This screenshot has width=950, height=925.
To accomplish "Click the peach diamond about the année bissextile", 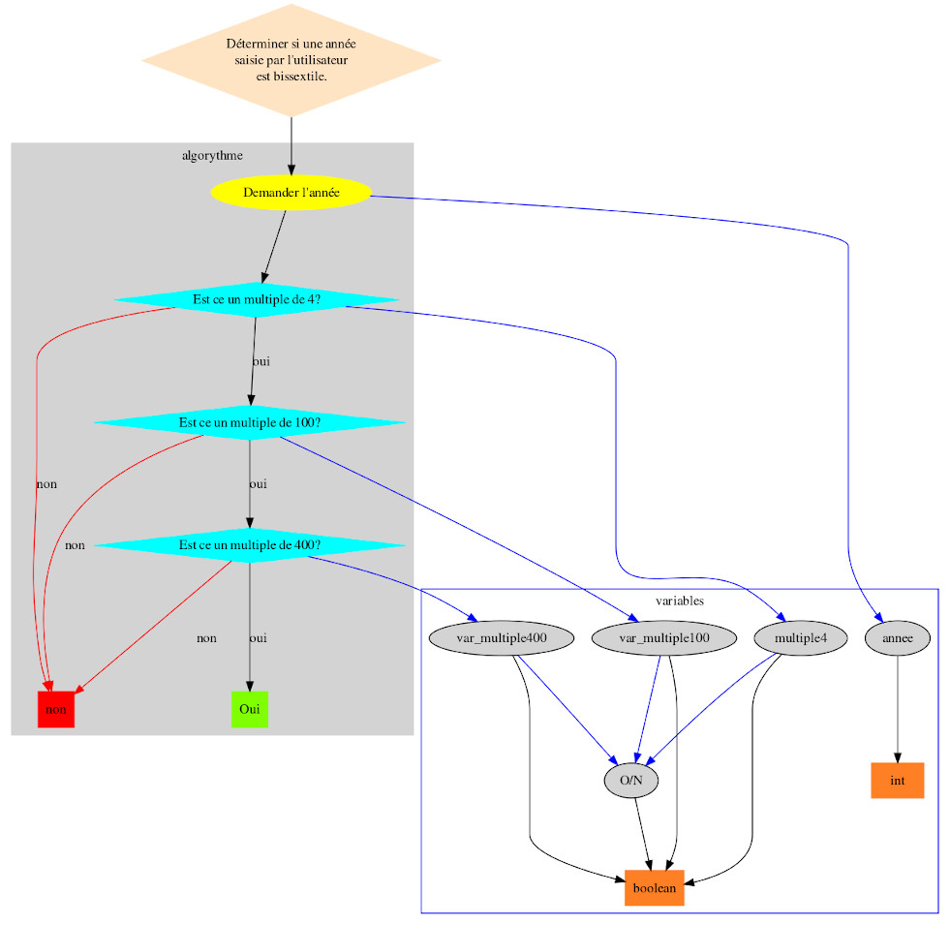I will (x=291, y=60).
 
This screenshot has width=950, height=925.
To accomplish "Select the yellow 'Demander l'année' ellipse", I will (x=291, y=192).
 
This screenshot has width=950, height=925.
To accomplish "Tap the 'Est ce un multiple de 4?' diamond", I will (x=256, y=299).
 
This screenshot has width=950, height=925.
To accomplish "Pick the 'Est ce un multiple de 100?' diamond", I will (x=249, y=422).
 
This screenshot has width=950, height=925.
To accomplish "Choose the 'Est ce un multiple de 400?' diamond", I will (x=249, y=545).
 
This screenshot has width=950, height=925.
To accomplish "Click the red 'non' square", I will (x=56, y=709).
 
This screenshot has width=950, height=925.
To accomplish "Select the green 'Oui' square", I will (x=250, y=709).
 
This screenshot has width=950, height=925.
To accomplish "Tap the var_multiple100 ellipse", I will (x=664, y=637).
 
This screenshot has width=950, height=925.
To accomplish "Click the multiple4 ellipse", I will (x=800, y=637).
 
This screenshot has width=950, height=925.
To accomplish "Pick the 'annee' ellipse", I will (x=898, y=637).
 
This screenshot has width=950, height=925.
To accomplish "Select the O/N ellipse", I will (x=630, y=781).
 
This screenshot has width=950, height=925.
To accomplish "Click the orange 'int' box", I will (x=898, y=781).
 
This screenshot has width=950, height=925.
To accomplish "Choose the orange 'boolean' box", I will (x=655, y=888).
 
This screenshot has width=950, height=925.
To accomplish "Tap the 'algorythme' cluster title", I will (x=212, y=155).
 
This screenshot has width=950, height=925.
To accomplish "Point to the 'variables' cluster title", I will (x=679, y=601).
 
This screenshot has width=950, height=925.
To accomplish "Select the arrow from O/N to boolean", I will (x=642, y=834).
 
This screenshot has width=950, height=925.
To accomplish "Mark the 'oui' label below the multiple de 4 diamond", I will (x=260, y=361).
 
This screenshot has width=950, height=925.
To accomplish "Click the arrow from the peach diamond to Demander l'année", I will (x=291, y=145).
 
